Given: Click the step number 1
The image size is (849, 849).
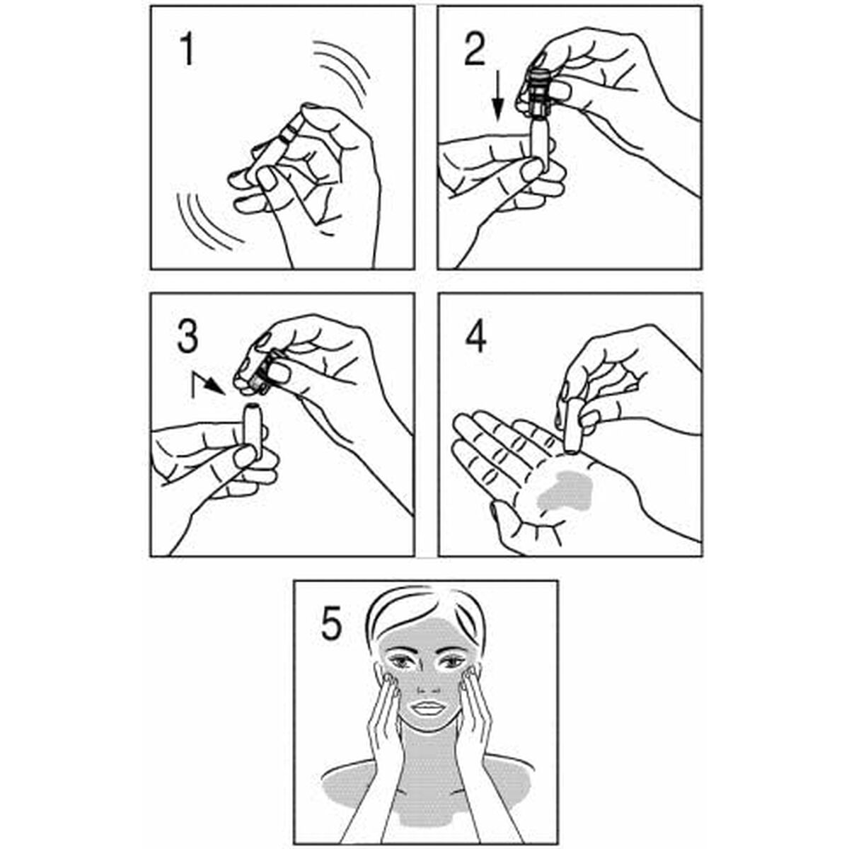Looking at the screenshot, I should tap(185, 51).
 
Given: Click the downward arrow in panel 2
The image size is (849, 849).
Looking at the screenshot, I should tap(497, 99).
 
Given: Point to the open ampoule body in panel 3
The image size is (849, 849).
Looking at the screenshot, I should tap(251, 432).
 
